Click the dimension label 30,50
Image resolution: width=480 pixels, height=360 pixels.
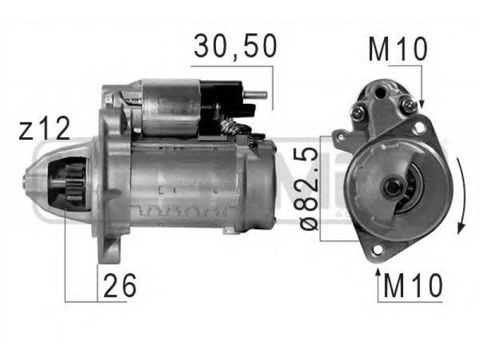[235, 46]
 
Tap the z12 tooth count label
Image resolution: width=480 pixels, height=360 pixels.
[44, 129]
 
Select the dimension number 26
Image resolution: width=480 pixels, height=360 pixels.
[119, 286]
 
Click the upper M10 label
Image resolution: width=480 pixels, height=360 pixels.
[397, 49]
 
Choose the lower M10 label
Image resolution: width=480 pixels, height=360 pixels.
[413, 286]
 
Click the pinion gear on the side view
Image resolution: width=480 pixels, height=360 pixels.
[74, 186]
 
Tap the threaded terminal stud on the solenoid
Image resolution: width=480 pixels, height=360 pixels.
[256, 95]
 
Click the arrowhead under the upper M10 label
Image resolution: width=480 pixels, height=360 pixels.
[421, 104]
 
